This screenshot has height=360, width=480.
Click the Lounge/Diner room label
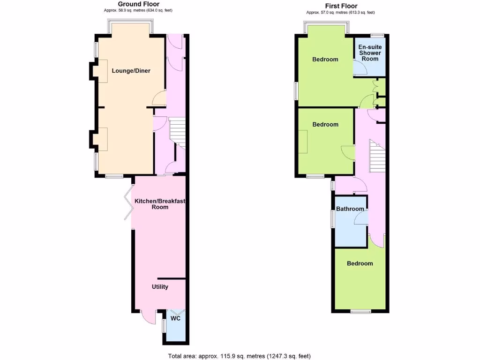pos(131,71)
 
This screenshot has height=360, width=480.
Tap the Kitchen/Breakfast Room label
pos(160,204)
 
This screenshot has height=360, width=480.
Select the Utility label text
pos(160,287)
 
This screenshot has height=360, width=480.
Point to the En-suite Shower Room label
pos(369,53)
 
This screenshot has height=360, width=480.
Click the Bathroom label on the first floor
pos(350,209)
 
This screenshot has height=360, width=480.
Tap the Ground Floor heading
pos(138,4)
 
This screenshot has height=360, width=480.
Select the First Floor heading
pos(340,6)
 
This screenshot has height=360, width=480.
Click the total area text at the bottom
pos(240,356)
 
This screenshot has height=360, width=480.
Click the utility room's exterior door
pos(148,316)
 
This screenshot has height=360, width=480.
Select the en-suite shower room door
pos(360,68)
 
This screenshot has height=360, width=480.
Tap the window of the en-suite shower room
pos(377,35)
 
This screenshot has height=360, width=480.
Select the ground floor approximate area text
pos(138,10)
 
